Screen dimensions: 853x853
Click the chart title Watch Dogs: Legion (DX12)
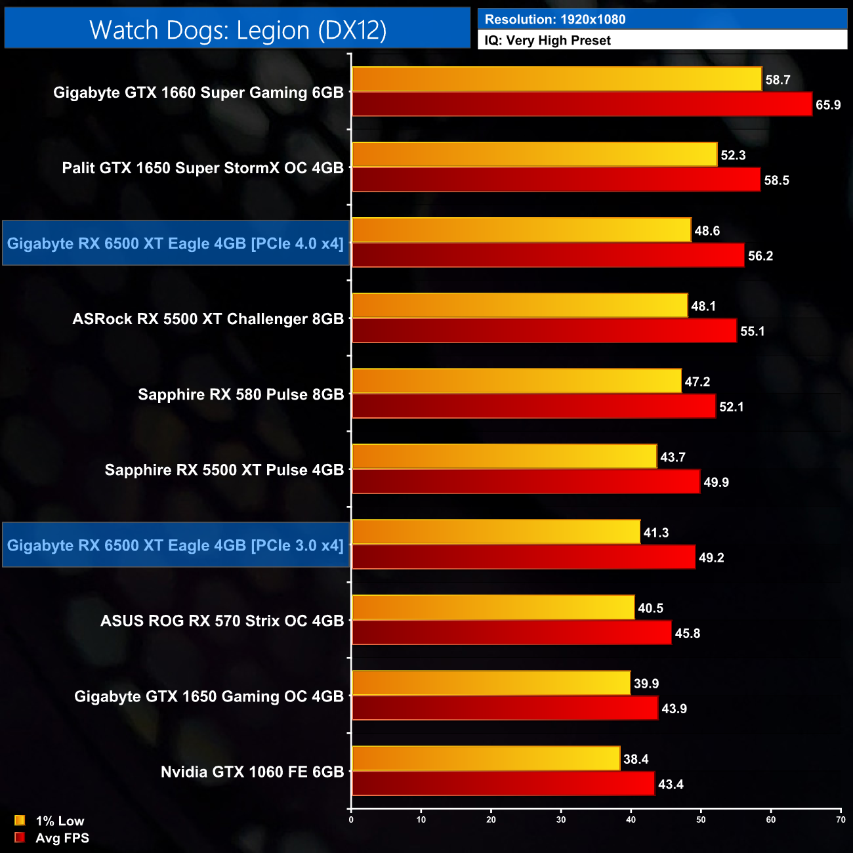tap(238, 30)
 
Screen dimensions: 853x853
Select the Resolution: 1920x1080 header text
tap(554, 20)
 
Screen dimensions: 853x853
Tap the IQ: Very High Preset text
tap(547, 41)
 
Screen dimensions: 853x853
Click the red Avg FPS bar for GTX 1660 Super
tap(581, 104)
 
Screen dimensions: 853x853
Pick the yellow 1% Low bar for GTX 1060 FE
tap(486, 759)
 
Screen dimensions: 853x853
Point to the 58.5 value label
tap(776, 180)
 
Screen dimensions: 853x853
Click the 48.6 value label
tap(707, 231)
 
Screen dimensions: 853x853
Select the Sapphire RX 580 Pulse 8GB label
tap(241, 394)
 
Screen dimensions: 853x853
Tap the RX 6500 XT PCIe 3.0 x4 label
tap(175, 545)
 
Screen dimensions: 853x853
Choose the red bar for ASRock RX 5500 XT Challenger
tap(544, 331)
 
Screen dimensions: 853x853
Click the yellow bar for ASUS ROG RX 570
tap(493, 608)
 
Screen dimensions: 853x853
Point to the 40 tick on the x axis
tap(631, 819)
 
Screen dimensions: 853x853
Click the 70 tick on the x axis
tap(841, 819)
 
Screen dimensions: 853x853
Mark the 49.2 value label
tap(711, 558)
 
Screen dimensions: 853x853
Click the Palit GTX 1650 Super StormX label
tap(203, 168)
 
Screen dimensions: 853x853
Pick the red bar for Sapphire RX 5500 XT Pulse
tap(526, 482)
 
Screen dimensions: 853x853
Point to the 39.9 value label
tap(646, 684)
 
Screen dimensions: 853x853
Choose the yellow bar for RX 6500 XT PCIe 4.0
tap(521, 230)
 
